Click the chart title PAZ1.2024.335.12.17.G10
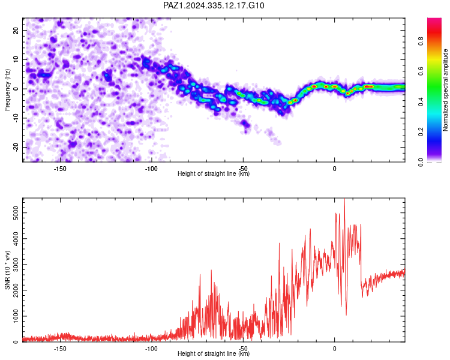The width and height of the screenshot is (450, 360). (x=214, y=5)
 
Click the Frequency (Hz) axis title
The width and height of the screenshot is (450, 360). (x=7, y=90)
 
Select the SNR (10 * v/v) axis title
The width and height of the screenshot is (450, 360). (x=7, y=270)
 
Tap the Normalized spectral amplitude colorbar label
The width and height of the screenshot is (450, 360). (x=445, y=90)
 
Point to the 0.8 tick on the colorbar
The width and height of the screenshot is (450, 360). (x=421, y=41)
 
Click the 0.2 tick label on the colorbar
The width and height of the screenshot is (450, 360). (x=421, y=132)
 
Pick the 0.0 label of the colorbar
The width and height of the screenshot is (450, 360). (x=421, y=162)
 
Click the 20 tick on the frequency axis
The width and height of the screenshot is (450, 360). (x=16, y=30)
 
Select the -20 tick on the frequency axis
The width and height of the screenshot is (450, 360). (x=16, y=147)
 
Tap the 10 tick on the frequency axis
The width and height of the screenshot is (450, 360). (x=16, y=59)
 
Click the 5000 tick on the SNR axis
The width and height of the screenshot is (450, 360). (x=16, y=213)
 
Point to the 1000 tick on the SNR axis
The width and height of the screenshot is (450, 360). (x=16, y=316)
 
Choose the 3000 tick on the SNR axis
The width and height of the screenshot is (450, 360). (x=16, y=265)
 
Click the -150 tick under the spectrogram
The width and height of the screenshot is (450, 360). (x=60, y=169)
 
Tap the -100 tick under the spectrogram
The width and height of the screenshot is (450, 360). (x=151, y=169)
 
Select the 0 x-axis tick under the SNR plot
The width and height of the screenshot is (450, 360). (x=335, y=349)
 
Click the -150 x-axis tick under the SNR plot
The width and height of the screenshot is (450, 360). (x=60, y=349)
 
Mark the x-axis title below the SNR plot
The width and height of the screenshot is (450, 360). (x=214, y=353)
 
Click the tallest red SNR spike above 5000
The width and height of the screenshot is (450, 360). (x=344, y=199)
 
